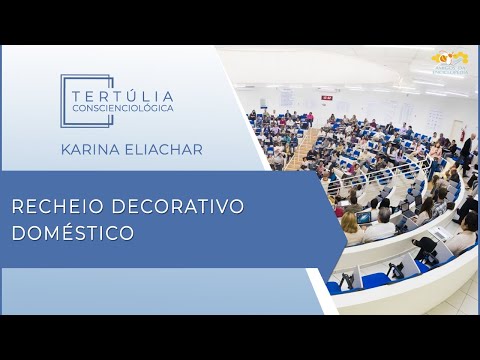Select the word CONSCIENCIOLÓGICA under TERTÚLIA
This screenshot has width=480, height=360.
(123, 107)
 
